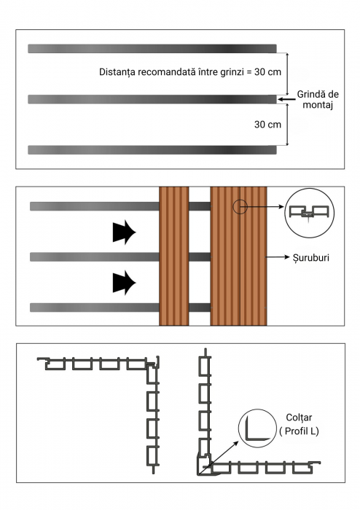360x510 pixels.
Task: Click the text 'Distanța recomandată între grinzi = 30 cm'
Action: coord(190,72)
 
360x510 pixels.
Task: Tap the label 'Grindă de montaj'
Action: coord(318,100)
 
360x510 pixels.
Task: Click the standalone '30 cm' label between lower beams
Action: coord(267,125)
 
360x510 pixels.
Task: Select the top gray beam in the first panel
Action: coord(152,49)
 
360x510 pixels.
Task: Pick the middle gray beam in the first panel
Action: coord(152,99)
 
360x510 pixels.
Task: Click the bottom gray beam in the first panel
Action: coord(152,150)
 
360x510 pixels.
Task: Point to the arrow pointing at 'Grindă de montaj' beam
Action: coord(287,99)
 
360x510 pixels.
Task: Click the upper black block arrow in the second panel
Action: coord(124,232)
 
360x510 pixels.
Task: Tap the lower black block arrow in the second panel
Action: coord(124,283)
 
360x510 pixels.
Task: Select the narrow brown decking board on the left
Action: coord(174,256)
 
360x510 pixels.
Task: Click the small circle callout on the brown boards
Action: coord(240,206)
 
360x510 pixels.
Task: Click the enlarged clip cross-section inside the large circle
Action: coord(309,213)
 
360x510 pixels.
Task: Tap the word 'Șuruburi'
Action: coord(311,258)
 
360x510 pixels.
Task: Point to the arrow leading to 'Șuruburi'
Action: coord(278,257)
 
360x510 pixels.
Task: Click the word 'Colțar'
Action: coord(299,417)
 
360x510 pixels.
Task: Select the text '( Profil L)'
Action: coord(299,431)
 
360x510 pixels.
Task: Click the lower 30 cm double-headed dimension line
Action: coord(287,125)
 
